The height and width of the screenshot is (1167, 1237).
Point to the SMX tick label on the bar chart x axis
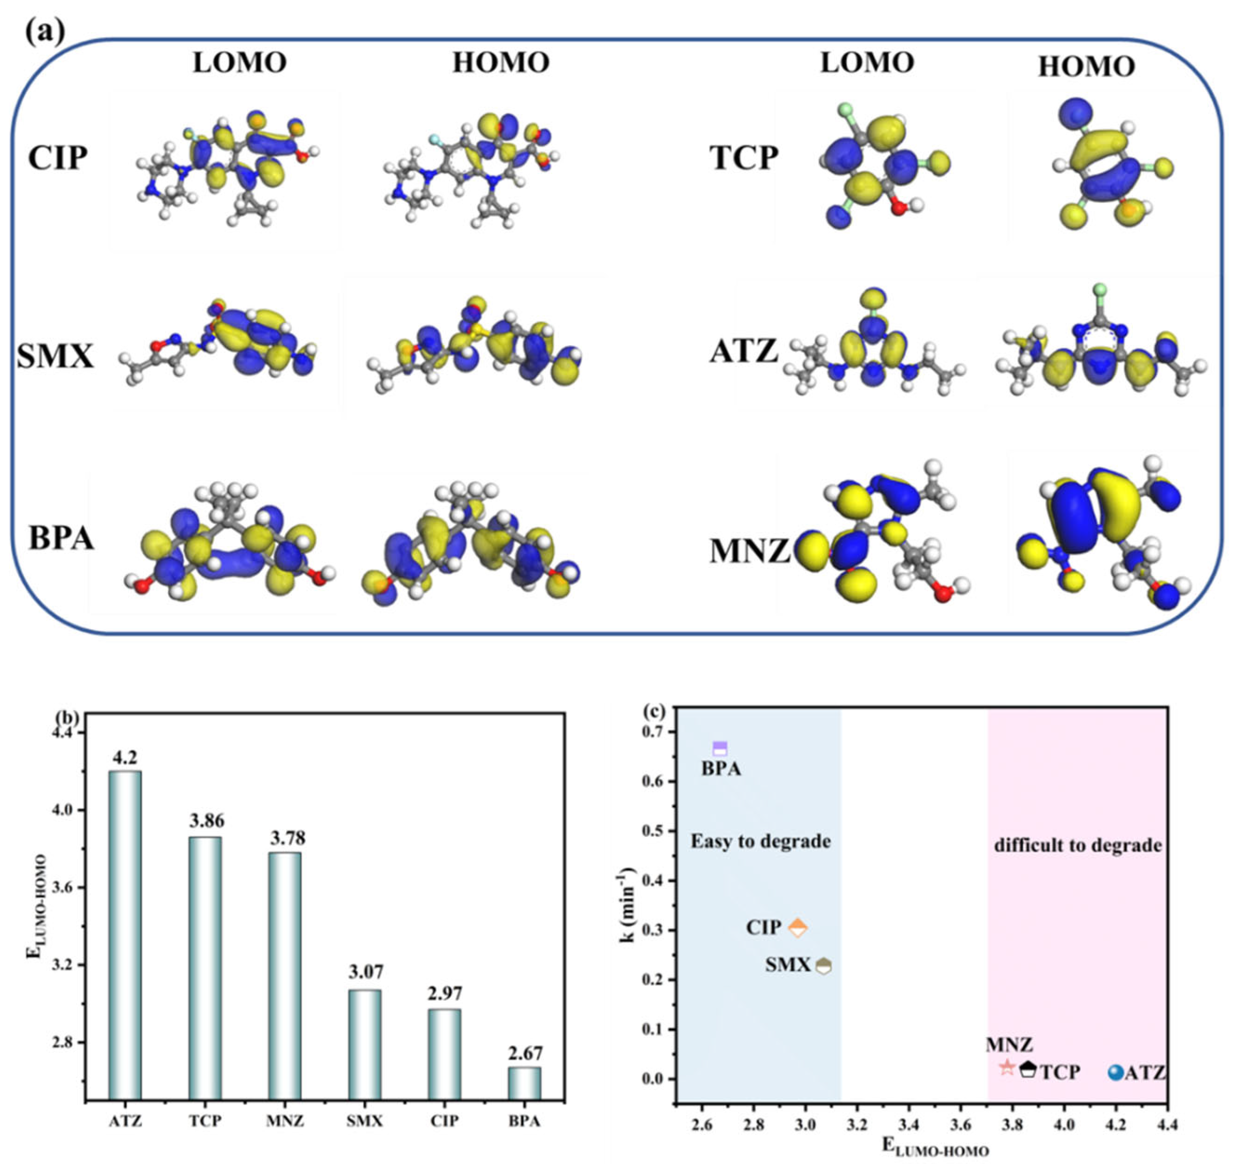coord(365,1121)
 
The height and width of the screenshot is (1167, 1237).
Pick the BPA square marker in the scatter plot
coord(720,749)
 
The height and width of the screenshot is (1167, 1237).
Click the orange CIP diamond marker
coord(797,928)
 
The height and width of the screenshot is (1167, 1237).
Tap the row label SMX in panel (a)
coord(55,357)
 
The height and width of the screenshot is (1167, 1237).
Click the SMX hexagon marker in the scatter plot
coord(823,966)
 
